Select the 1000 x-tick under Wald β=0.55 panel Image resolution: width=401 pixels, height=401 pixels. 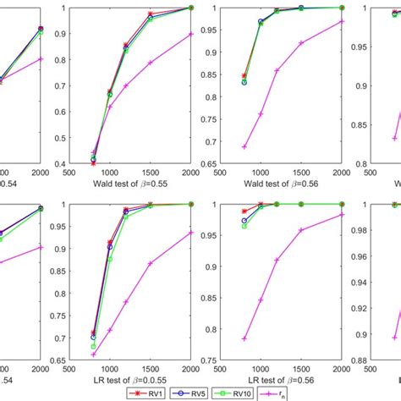[110, 172]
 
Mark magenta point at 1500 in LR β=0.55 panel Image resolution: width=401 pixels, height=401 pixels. [151, 264]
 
